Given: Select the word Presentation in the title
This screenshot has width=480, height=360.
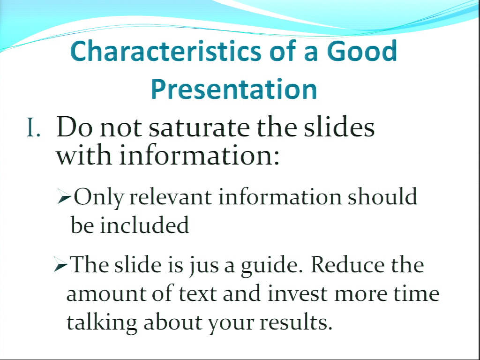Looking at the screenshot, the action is pyautogui.click(x=234, y=89).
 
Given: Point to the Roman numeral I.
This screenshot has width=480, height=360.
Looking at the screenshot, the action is pyautogui.click(x=33, y=127).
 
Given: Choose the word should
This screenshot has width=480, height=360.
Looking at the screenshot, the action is pyautogui.click(x=382, y=196).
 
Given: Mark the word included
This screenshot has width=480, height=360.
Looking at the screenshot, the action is pyautogui.click(x=144, y=225).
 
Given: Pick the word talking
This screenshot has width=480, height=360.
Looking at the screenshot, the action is pyautogui.click(x=102, y=323).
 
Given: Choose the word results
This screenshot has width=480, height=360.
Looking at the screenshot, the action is pyautogui.click(x=296, y=322).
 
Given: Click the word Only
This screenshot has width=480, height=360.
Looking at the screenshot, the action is pyautogui.click(x=98, y=198).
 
